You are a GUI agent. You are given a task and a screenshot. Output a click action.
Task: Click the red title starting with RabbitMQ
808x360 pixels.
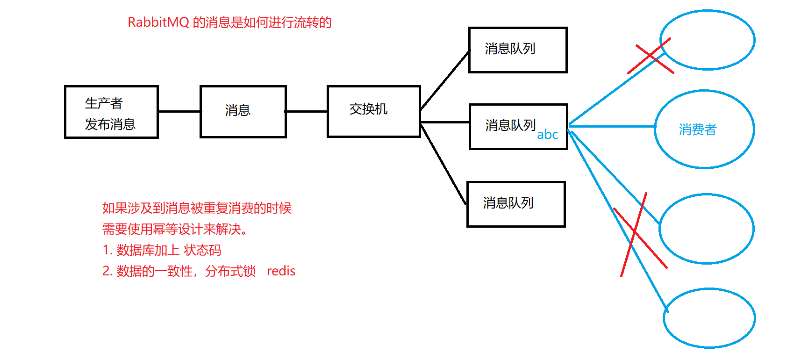[x=229, y=22]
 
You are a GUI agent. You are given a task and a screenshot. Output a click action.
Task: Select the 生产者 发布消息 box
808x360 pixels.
[x=111, y=112]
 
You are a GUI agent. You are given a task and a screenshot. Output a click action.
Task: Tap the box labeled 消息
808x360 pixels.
[x=243, y=111]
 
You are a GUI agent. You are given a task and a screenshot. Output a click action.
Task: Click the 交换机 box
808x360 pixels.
[x=373, y=111]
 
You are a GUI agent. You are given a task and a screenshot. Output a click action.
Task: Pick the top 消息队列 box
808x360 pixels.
[x=518, y=50]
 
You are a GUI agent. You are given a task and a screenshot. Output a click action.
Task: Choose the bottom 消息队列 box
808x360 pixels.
[x=516, y=204]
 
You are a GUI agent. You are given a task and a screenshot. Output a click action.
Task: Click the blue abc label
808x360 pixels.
[x=547, y=135]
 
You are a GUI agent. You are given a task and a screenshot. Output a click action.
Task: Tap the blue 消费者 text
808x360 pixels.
[x=697, y=130]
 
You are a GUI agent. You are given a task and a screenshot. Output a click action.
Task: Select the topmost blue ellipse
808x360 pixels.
[x=707, y=40]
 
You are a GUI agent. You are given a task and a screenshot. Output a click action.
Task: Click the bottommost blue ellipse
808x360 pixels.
[x=709, y=318]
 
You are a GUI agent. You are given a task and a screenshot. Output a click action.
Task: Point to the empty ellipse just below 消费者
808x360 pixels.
[x=706, y=229]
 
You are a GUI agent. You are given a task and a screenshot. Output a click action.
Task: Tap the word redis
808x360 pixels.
[x=281, y=271]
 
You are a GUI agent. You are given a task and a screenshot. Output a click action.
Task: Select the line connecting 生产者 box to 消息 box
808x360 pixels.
[x=179, y=111]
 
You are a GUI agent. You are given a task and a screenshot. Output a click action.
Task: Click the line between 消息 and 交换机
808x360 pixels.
[x=306, y=111]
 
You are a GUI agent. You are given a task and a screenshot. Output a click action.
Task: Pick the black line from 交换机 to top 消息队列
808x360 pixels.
[x=444, y=80]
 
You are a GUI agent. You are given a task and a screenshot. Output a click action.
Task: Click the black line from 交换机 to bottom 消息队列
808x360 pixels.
[x=443, y=164]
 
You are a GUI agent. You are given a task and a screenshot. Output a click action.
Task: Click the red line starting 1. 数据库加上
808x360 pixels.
[x=162, y=250]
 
